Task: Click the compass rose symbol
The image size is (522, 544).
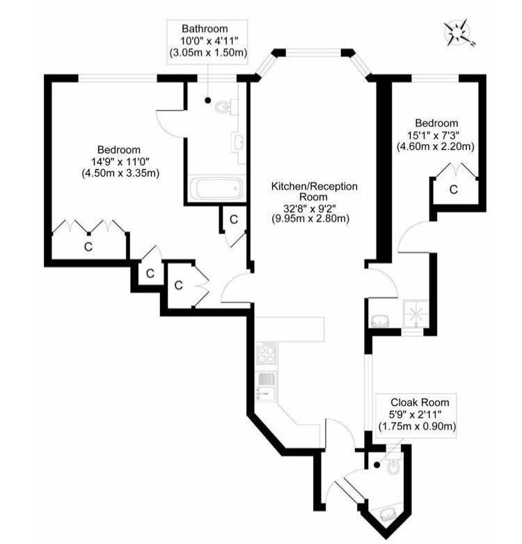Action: point(459,33)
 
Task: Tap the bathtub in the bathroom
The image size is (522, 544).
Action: point(216,188)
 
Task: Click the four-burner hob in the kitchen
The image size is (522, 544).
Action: point(267,352)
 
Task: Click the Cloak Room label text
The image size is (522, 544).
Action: point(419,402)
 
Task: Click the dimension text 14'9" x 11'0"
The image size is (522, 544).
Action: point(118,162)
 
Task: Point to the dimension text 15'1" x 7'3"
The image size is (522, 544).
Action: point(435,135)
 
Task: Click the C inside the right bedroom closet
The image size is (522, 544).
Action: point(453,189)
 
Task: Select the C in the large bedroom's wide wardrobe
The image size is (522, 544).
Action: point(88,247)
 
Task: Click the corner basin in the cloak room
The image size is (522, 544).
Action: point(389,513)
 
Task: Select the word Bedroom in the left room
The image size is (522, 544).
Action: point(118,150)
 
